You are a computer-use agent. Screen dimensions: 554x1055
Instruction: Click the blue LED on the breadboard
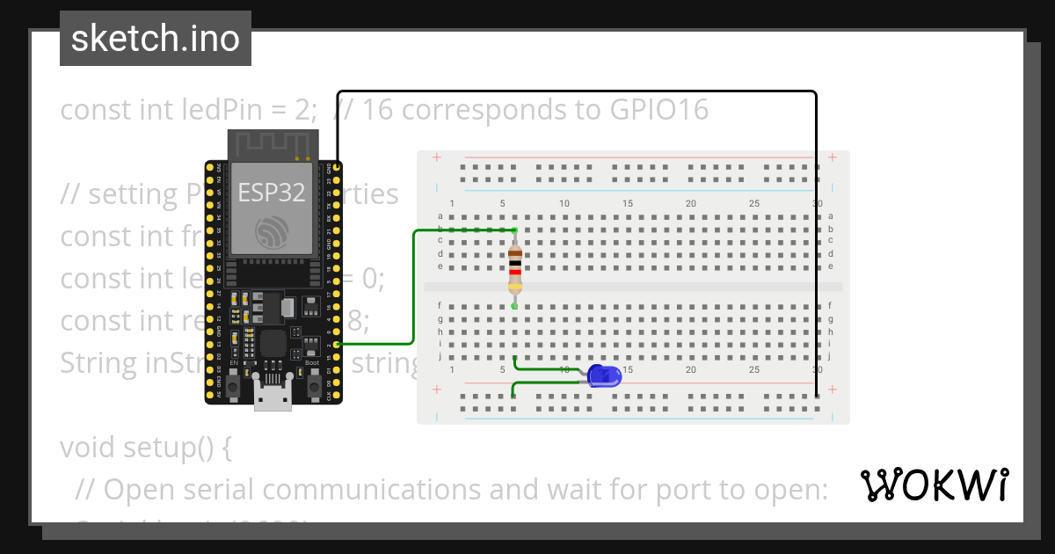[604, 375]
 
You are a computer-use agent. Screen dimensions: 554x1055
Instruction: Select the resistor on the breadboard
[515, 268]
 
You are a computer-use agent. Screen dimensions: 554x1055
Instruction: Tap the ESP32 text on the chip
[272, 193]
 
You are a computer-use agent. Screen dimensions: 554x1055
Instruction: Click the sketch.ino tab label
[156, 39]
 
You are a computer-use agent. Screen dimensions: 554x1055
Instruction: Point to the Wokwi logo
[934, 485]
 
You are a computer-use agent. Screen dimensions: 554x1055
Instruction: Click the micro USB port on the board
[273, 395]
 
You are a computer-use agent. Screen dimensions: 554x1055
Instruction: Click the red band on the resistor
[515, 272]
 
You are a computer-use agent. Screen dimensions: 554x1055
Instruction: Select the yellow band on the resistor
[515, 287]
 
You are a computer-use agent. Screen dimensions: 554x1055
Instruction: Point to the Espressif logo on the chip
[272, 232]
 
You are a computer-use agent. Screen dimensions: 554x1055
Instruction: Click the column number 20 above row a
[691, 204]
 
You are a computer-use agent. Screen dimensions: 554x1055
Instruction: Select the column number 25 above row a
[754, 204]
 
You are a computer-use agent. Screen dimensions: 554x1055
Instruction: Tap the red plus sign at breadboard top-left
[437, 158]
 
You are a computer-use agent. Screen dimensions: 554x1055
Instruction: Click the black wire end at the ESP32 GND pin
[338, 166]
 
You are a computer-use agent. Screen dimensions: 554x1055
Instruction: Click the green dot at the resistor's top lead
[515, 230]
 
